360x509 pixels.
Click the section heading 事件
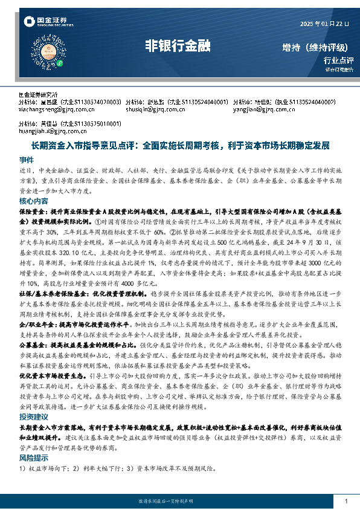(27, 160)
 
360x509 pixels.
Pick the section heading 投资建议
(33, 417)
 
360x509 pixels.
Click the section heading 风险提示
(33, 458)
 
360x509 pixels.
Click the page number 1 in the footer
(346, 501)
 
